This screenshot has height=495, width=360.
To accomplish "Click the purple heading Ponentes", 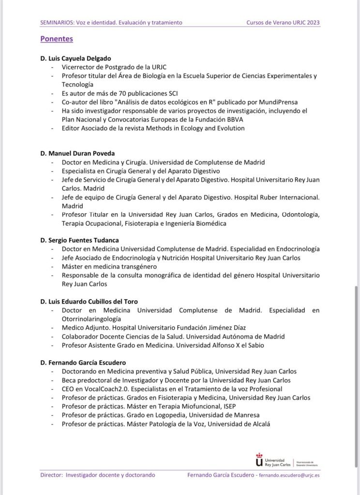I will coord(57,38).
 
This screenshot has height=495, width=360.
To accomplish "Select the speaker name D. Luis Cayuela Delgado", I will coord(76,58).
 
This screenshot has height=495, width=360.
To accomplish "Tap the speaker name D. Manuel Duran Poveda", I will coord(77,154).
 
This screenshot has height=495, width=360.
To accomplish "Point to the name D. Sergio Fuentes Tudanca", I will coord(79,240).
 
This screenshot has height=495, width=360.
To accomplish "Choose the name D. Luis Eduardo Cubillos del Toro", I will coord(89,302).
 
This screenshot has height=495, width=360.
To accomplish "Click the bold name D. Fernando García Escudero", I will coord(83,363).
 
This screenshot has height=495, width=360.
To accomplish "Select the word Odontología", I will coord(298,215).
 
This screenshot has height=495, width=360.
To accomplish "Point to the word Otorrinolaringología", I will coord(91,319).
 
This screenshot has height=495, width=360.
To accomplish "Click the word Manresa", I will coord(246,415).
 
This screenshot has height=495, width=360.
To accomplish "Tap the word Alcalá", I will coord(259,424).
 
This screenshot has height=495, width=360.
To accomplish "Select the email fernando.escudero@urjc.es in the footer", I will coord(289,475).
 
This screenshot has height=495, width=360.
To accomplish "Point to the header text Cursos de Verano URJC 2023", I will coord(283,22).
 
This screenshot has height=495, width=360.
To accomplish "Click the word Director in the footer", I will coord(52,475).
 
